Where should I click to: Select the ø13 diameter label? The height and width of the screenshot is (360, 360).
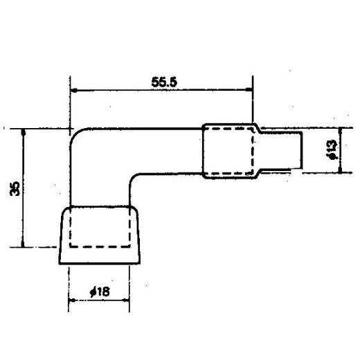[331, 149]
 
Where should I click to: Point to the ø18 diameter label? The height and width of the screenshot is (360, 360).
[100, 293]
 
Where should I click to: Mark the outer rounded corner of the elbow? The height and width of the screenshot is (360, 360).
[78, 135]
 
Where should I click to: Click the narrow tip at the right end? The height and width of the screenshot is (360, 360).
[291, 150]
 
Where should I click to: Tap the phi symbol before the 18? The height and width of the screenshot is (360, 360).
[93, 293]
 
